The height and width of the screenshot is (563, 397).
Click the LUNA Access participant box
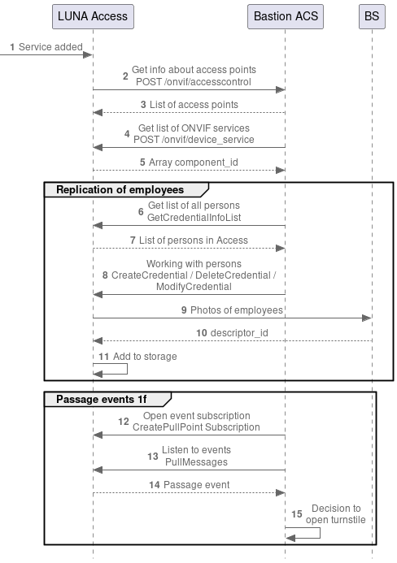[93, 15]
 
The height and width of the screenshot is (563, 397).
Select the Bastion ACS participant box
[285, 15]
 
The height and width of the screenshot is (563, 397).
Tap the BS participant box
[371, 15]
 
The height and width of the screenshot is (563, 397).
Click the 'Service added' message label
[50, 47]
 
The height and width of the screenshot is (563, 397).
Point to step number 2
[125, 76]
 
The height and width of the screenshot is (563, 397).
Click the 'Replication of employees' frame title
[119, 189]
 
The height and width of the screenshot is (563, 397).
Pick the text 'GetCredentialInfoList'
[194, 218]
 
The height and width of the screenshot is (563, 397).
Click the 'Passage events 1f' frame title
[102, 399]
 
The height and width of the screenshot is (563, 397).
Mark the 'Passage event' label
[196, 485]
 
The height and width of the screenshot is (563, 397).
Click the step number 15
[297, 514]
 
